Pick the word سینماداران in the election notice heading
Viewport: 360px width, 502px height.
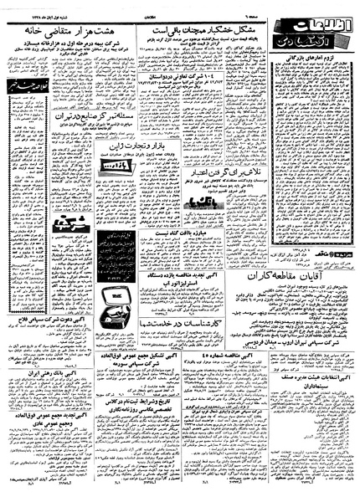point(320,398)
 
